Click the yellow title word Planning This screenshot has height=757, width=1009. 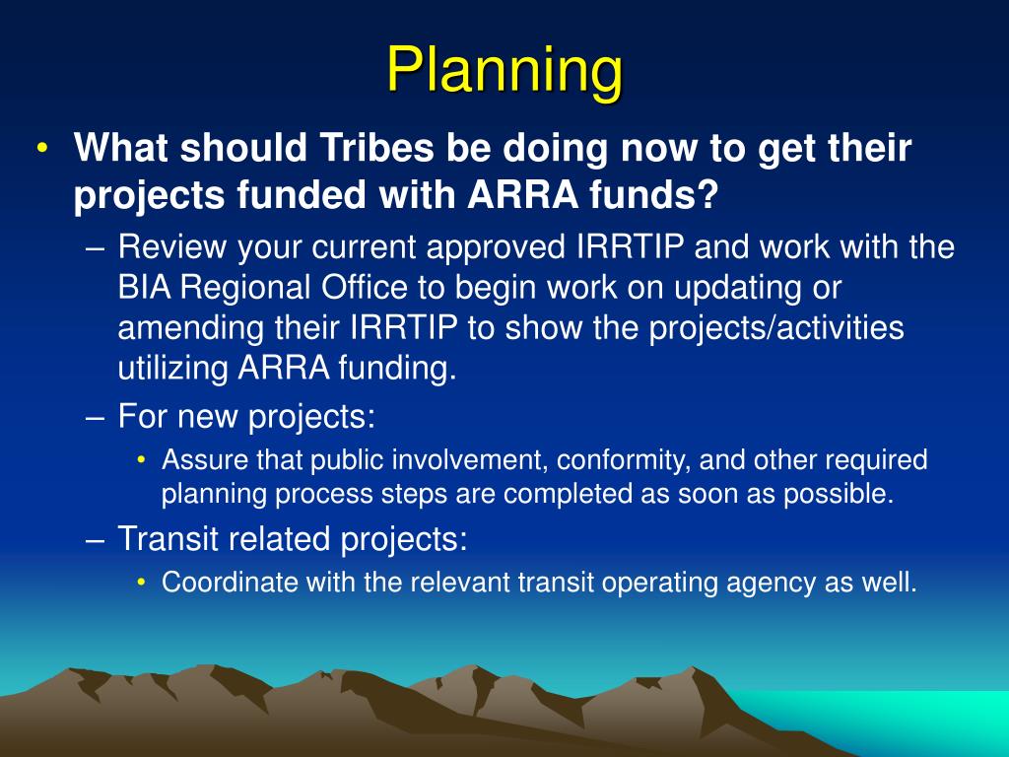click(x=505, y=72)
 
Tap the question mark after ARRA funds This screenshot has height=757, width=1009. click(x=707, y=194)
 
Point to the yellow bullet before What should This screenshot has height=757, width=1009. click(x=42, y=148)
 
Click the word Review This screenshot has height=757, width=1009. click(x=171, y=246)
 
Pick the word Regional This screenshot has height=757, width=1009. click(x=245, y=289)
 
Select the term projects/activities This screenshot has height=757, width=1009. click(x=776, y=328)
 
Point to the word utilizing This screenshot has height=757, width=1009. click(x=172, y=369)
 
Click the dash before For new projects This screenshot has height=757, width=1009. click(x=95, y=418)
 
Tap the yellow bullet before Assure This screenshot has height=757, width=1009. click(x=142, y=459)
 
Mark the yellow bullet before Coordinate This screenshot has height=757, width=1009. click(x=142, y=582)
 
